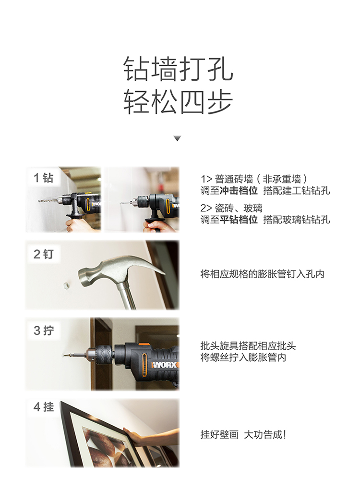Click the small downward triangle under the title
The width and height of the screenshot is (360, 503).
[x=177, y=138]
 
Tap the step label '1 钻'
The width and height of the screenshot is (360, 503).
[x=44, y=177]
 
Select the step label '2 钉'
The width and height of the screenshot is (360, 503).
[x=44, y=254]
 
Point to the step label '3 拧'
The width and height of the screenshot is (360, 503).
[x=44, y=331]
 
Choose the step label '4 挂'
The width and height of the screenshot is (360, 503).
[x=44, y=407]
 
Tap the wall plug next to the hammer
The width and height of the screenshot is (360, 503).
[x=66, y=285]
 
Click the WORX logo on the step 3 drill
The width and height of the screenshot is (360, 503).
[x=165, y=365]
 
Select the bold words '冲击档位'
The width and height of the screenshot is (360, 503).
[x=239, y=191]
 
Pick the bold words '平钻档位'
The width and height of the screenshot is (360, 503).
[x=239, y=220]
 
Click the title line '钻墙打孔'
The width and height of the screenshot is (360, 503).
[x=178, y=69]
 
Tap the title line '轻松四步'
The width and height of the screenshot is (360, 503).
[x=178, y=101]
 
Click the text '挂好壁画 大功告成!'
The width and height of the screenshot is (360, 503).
[x=243, y=435]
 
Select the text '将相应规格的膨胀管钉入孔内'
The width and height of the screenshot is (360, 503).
[x=262, y=274]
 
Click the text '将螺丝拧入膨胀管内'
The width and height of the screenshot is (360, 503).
[x=243, y=357]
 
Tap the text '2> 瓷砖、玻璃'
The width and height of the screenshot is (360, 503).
[x=231, y=208]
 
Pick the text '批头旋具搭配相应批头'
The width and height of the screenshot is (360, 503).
[x=248, y=346]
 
